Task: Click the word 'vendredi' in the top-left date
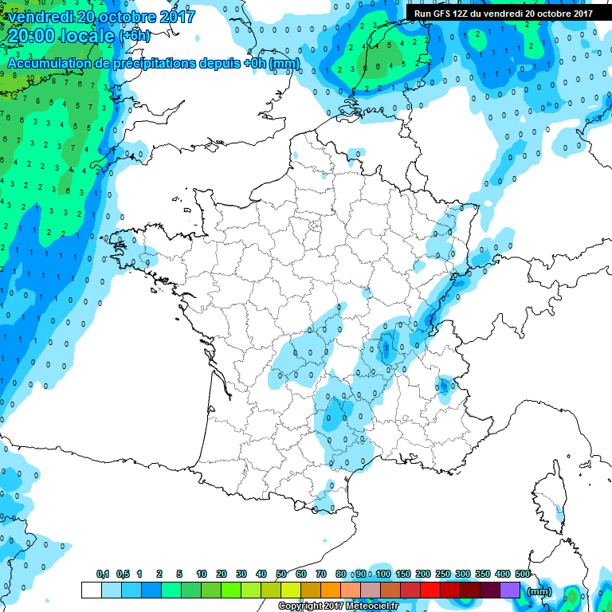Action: point(39,17)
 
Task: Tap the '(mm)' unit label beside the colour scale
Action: point(539,591)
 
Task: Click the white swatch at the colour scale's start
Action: point(91,590)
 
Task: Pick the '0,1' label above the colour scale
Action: point(102,574)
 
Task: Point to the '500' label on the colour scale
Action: point(523,574)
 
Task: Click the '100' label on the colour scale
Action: point(383,574)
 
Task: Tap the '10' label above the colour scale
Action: point(202,574)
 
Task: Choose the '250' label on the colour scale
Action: point(443,574)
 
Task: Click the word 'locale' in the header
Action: point(85,36)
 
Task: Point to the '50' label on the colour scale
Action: point(281,574)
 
